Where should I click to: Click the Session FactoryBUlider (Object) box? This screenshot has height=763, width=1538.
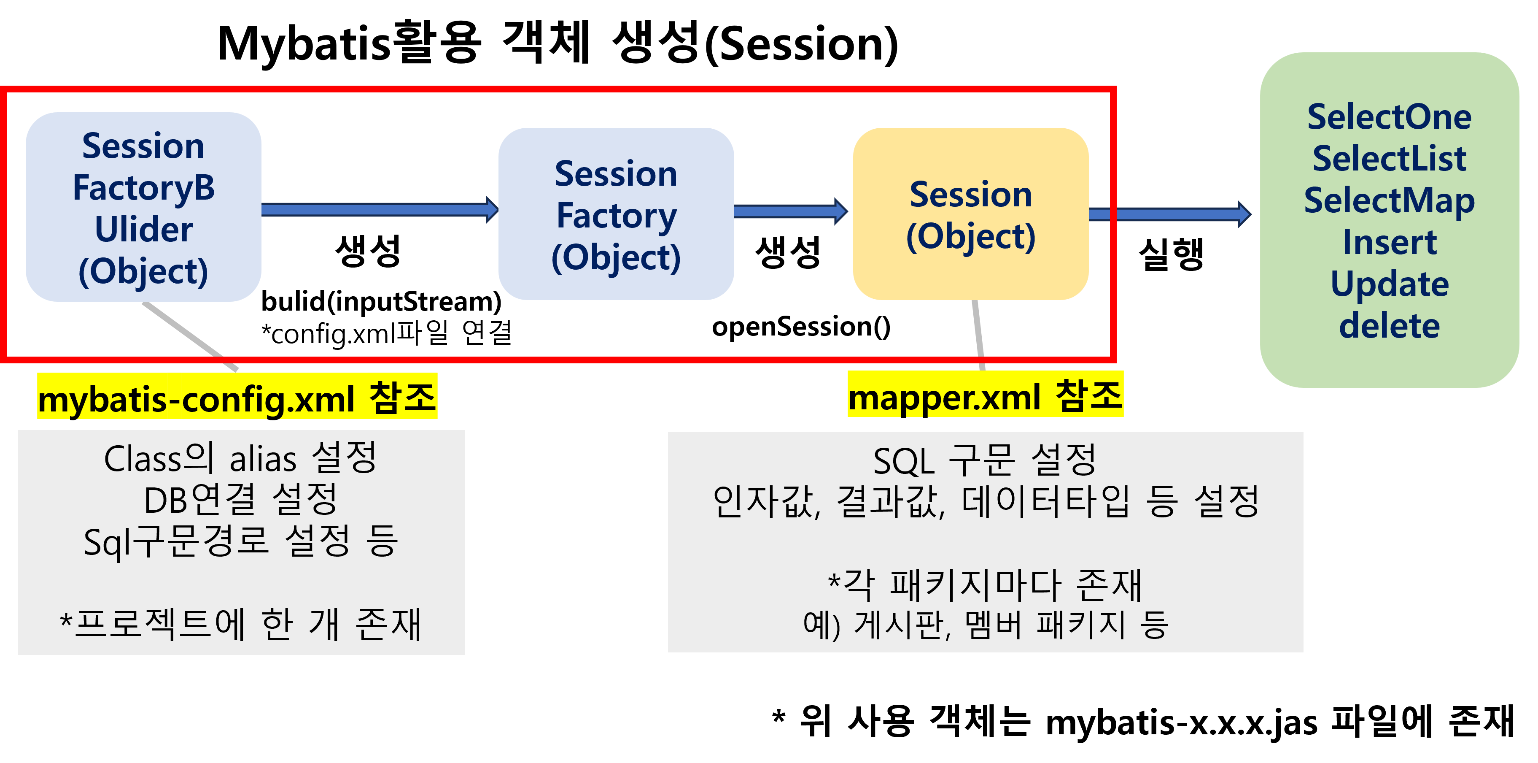point(143,207)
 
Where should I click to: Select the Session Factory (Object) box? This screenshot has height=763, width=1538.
point(616,214)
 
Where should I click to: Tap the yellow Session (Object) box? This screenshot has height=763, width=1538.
point(970,214)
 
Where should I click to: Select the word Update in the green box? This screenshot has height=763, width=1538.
point(1389,284)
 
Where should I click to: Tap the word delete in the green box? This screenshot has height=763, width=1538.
point(1389,326)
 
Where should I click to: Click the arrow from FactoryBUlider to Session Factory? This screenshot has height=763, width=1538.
point(379,209)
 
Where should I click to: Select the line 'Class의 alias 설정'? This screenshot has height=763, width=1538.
point(241,459)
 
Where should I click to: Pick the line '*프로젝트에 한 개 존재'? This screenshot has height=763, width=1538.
point(241,625)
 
